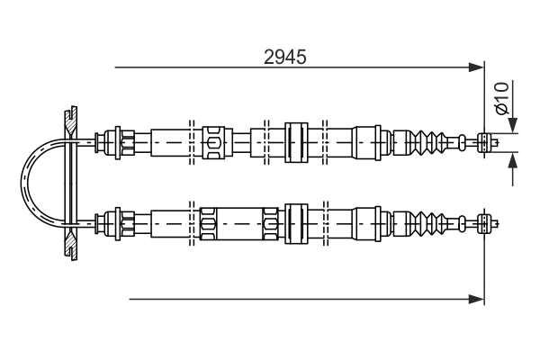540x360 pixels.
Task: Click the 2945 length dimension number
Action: [284, 58]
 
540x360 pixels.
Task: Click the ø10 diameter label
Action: [501, 98]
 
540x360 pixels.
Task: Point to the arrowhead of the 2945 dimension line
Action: [477, 67]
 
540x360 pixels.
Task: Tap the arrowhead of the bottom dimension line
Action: [477, 299]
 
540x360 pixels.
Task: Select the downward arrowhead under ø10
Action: [513, 125]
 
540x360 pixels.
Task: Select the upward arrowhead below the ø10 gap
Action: [513, 160]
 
